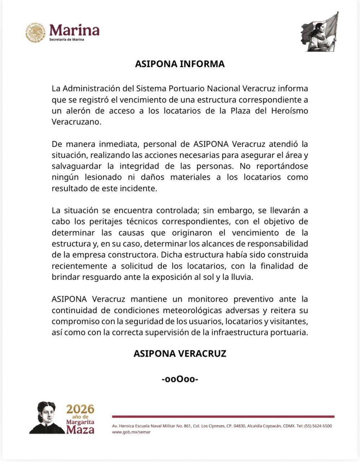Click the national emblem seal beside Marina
[x=35, y=33]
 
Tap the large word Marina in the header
[x=74, y=30]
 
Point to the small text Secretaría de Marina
[x=66, y=40]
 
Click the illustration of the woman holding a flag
[x=320, y=32]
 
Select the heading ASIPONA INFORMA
[x=180, y=64]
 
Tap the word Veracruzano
[x=75, y=122]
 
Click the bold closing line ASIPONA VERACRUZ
[x=180, y=353]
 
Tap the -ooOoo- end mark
[x=180, y=379]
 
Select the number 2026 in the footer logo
[x=80, y=409]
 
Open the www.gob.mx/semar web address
[x=131, y=432]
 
